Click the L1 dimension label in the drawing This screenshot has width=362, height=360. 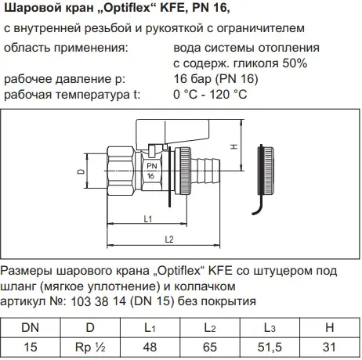click(148, 218)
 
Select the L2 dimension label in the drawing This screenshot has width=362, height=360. click(169, 239)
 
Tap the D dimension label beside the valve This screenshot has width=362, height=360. click(81, 171)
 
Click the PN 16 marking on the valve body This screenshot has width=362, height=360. click(151, 171)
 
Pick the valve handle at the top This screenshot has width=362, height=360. click(172, 133)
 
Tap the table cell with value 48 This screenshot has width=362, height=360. click(150, 347)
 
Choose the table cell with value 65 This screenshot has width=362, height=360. click(210, 347)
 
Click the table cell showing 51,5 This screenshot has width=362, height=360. click(270, 347)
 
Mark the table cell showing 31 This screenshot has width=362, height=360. click(330, 347)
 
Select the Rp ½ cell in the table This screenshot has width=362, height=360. click(90, 347)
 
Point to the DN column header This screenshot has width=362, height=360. click(31, 328)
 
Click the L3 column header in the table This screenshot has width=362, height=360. click(270, 328)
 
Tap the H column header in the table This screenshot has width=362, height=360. click(330, 328)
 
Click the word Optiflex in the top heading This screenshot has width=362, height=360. click(129, 8)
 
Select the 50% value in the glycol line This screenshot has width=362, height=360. click(295, 63)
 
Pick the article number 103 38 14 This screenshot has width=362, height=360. click(99, 301)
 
